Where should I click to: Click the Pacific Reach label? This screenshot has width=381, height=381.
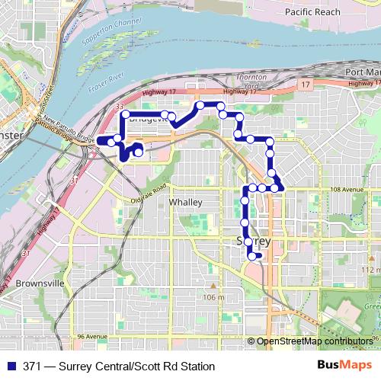[x=312, y=13]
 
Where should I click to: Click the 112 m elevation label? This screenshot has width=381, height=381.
[x=370, y=270]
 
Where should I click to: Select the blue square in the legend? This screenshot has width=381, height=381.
[x=12, y=367]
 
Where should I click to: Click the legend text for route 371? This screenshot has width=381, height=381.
[x=119, y=367]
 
